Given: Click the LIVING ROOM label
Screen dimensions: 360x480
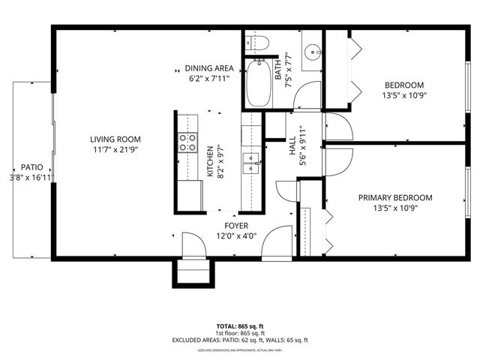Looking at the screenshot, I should tap(115, 139).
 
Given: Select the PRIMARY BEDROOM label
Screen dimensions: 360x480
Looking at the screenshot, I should tap(394, 198).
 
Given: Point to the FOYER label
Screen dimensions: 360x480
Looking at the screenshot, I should tap(236, 225).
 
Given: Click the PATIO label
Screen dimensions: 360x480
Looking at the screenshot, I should tap(31, 168).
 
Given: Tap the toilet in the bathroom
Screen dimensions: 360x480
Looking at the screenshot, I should tap(258, 46).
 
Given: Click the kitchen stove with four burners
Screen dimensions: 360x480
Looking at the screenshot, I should tap(187, 142).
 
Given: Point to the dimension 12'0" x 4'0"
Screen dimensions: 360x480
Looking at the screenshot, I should tap(236, 235).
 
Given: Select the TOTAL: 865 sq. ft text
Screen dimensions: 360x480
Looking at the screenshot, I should tap(240, 326).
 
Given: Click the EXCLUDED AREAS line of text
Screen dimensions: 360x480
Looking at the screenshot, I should tap(240, 340).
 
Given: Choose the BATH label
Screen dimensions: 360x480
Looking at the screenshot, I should tap(278, 71).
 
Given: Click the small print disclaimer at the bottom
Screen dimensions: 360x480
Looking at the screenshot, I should tap(240, 349).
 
